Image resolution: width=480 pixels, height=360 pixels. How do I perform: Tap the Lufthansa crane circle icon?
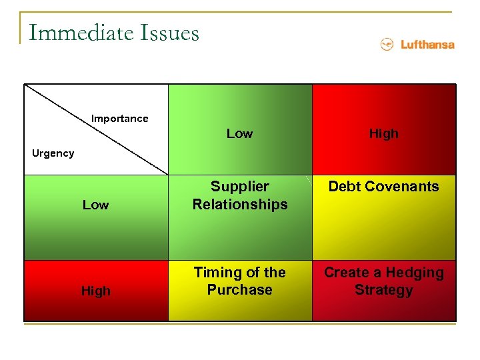386,45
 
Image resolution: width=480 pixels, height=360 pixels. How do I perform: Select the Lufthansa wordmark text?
427,45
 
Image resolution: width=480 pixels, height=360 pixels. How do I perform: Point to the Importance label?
120,119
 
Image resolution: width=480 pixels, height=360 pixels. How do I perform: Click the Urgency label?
53,153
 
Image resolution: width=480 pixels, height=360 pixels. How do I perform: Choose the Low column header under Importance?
239,133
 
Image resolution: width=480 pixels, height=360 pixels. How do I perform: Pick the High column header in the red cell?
383,133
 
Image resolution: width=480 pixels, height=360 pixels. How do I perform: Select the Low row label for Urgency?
95,205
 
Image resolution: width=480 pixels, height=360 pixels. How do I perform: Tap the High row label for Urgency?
95,291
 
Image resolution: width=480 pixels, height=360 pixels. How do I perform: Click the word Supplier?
240,187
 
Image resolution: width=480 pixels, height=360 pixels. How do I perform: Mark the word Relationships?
240,204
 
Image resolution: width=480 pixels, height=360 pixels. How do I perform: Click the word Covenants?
401,187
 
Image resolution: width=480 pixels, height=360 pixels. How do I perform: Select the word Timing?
217,273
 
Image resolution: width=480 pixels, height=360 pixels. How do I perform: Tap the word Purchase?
240,290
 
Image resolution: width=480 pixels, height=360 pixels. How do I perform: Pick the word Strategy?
383,290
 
